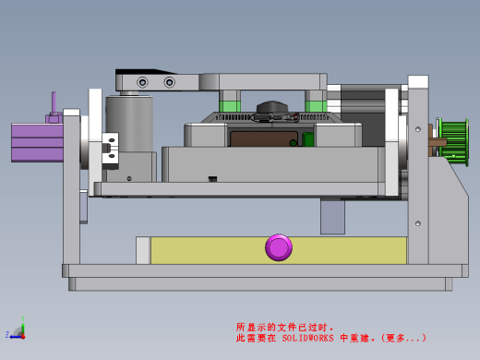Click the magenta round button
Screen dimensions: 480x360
[279, 247]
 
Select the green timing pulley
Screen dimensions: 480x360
[454, 142]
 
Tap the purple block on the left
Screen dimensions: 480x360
[37, 142]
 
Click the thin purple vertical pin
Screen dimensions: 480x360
[54, 103]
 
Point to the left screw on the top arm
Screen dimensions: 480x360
[142, 82]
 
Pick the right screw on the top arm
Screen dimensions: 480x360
[169, 82]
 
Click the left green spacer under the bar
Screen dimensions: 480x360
[230, 106]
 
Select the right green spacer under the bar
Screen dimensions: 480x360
[316, 106]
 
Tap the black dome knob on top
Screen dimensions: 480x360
[272, 107]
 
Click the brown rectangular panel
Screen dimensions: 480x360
[264, 138]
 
